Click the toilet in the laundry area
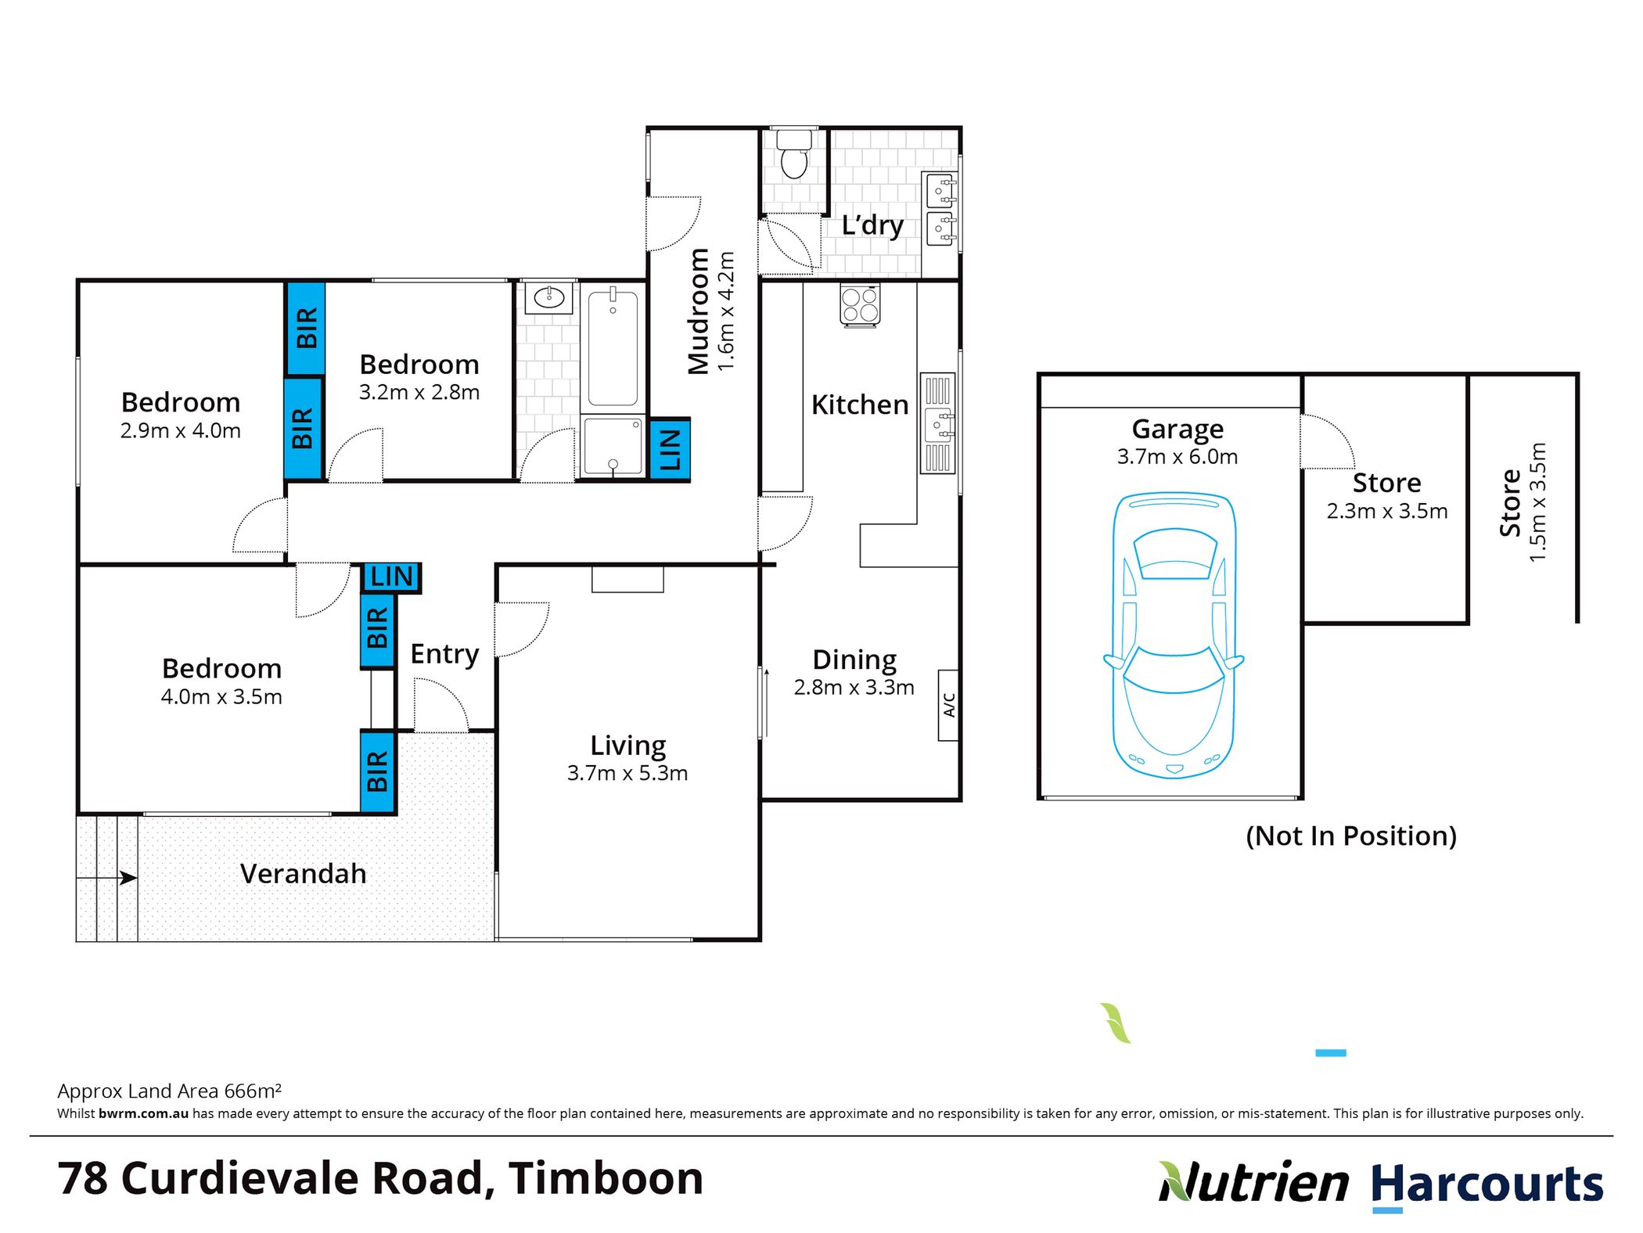[x=794, y=154]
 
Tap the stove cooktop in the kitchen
[x=860, y=304]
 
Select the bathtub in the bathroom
[x=613, y=347]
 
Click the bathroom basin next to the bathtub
[x=549, y=297]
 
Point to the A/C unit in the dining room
[x=948, y=704]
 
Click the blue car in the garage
[x=1174, y=635]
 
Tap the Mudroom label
[x=698, y=311]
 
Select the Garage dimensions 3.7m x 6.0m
[x=1177, y=456]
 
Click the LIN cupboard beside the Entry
[x=391, y=577]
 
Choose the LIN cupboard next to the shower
[x=670, y=450]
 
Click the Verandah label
[x=303, y=873]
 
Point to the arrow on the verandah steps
[x=107, y=878]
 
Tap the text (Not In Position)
[x=1351, y=836]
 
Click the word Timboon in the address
[x=606, y=1177]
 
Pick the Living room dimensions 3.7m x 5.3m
[x=627, y=773]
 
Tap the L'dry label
[x=872, y=225]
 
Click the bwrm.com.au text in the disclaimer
[x=143, y=1113]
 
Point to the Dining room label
[x=854, y=660]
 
